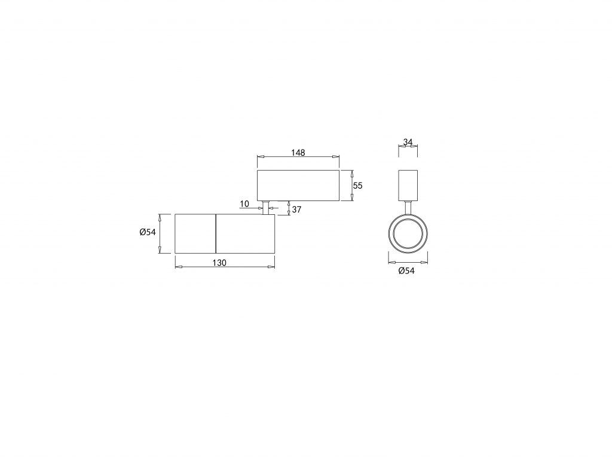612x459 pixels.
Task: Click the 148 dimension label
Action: [298, 153]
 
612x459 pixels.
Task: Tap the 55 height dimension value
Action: [357, 186]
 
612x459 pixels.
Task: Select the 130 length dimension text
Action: [219, 263]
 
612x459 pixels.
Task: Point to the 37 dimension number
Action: [296, 209]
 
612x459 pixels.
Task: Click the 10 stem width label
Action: [244, 203]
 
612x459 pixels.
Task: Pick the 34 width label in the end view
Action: [408, 142]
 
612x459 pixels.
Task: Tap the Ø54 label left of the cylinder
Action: [148, 232]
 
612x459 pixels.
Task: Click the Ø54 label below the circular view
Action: [406, 270]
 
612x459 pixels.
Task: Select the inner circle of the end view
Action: [408, 218]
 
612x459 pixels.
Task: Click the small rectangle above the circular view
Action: [408, 186]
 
